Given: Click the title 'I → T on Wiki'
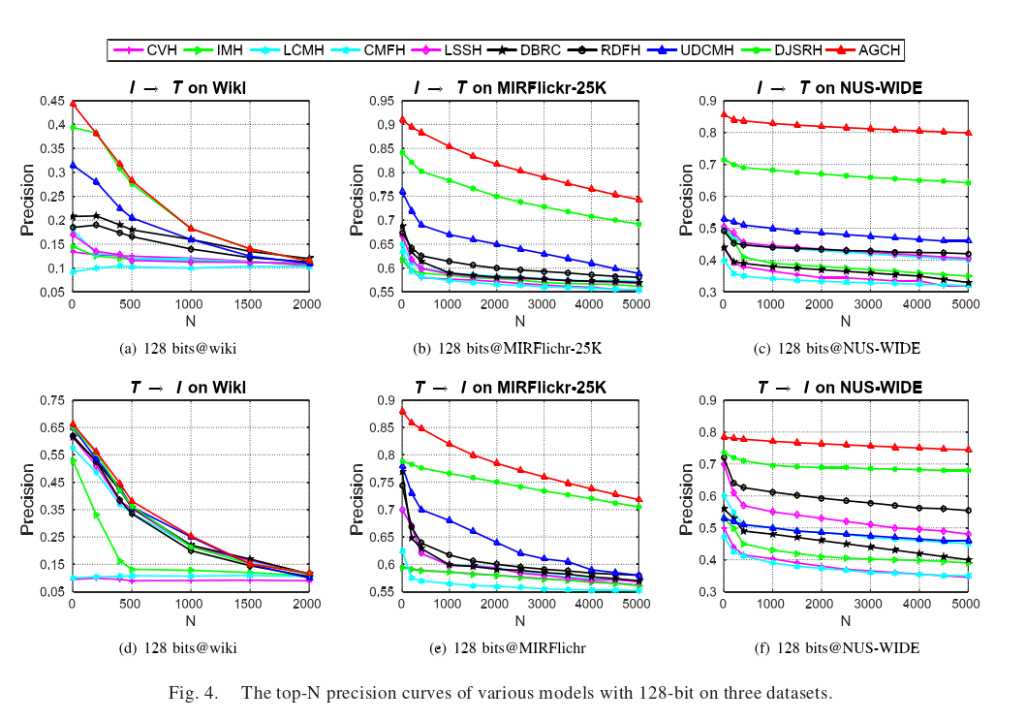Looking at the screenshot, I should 188,87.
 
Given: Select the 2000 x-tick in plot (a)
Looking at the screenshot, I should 307,304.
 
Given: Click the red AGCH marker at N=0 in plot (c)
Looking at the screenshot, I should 723,114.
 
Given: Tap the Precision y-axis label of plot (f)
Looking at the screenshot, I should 681,494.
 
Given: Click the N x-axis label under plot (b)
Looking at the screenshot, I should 519,321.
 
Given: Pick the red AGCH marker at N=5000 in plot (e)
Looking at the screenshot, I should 638,500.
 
